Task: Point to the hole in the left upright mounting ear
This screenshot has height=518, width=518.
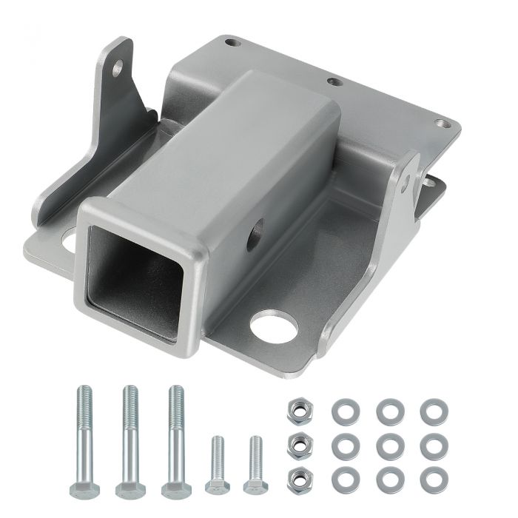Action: [118, 69]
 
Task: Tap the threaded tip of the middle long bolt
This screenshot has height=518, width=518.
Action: [129, 392]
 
